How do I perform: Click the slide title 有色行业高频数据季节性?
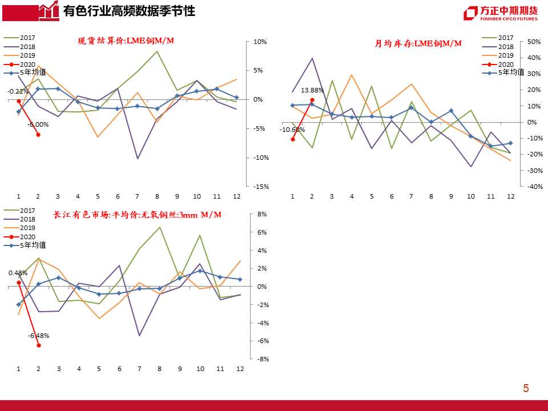[128, 11]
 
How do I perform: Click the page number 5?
[526, 389]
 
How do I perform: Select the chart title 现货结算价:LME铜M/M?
[126, 41]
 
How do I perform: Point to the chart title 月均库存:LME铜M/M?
[418, 43]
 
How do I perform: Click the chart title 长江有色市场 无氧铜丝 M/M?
[137, 215]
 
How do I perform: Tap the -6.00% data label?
[38, 124]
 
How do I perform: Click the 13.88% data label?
[312, 90]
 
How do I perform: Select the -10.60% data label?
[292, 130]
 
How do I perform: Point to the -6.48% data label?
[38, 335]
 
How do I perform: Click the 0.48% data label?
[18, 273]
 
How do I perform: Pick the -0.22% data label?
[18, 91]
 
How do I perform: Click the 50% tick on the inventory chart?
[533, 42]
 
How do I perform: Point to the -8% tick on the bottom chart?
[262, 359]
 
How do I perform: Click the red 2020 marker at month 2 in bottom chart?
[39, 345]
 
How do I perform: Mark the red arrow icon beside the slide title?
[49, 10]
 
